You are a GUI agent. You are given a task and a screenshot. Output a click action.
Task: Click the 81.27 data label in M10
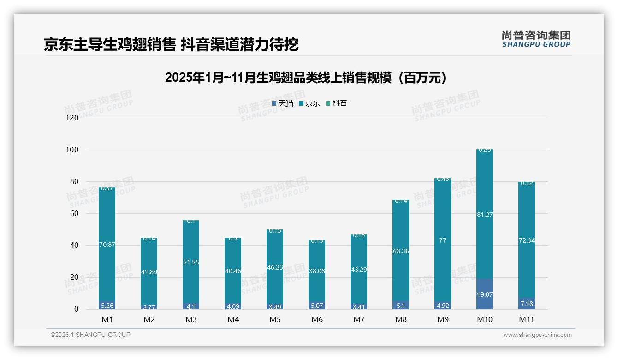(484, 215)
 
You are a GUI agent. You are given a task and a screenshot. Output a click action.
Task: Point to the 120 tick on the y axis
(72, 118)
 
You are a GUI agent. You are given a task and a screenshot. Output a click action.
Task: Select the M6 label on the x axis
(317, 319)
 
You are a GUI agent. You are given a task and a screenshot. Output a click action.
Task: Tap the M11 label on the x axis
(526, 319)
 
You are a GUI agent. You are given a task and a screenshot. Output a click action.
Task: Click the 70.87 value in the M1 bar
(107, 245)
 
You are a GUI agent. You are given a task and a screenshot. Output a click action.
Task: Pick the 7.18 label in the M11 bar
(526, 304)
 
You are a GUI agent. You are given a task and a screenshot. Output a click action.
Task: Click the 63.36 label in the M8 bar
(401, 251)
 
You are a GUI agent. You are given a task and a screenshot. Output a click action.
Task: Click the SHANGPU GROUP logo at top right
(536, 39)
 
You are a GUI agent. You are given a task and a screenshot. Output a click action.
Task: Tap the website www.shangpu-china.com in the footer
(537, 335)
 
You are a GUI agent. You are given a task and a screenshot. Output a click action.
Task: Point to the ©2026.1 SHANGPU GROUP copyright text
(90, 335)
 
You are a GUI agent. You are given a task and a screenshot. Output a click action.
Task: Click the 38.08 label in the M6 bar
(317, 271)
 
